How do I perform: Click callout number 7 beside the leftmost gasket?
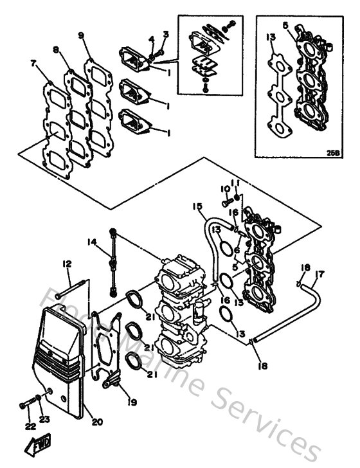pos(33,63)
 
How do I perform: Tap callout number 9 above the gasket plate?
pos(80,35)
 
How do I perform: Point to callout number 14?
pos(92,241)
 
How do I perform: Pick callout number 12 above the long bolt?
pos(66,264)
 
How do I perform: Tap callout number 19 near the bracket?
pos(133,403)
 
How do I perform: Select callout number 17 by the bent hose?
pos(321,274)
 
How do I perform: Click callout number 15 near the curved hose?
pos(197,206)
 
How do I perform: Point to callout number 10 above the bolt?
pos(225,189)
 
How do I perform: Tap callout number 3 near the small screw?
pos(165,33)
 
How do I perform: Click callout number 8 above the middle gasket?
pos(57,49)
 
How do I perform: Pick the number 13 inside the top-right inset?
pos(271,37)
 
